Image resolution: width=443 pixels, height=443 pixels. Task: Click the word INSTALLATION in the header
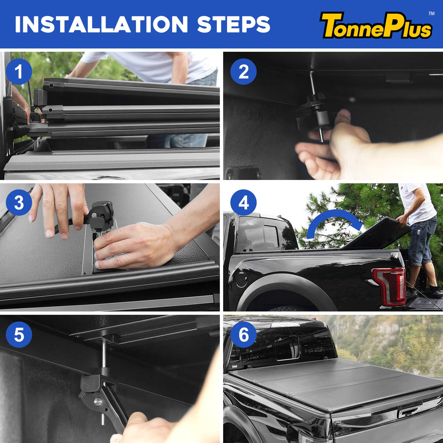[102, 25]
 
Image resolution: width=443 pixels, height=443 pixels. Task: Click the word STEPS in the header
[234, 25]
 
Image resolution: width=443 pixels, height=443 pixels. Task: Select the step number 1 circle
[19, 71]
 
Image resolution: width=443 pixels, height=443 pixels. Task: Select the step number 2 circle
[244, 71]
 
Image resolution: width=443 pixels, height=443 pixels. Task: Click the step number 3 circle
[19, 202]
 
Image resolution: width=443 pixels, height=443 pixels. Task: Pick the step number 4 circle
[244, 202]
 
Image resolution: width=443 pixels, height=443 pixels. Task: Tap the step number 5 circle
[19, 334]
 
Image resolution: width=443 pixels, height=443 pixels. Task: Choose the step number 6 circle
[244, 334]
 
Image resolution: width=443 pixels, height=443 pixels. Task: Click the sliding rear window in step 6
[287, 347]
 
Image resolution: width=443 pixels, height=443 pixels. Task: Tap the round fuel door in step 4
[241, 279]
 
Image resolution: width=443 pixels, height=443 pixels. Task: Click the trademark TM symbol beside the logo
[431, 14]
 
